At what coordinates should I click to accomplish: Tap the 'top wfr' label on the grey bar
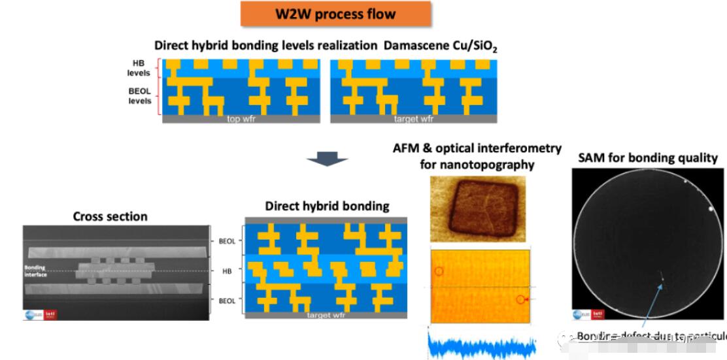click(241, 120)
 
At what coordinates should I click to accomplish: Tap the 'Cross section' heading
click(110, 216)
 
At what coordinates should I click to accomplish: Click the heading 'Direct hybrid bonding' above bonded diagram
click(327, 206)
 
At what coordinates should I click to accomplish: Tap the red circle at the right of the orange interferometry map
click(521, 300)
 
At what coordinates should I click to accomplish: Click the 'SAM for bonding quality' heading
click(647, 157)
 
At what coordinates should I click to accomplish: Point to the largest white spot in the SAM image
click(711, 209)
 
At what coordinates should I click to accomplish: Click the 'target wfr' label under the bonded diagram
click(326, 315)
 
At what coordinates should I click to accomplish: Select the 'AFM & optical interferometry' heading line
click(477, 148)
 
